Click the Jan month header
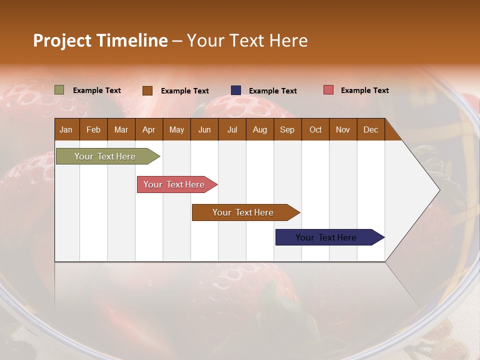pyautogui.click(x=66, y=129)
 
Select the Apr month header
pyautogui.click(x=149, y=129)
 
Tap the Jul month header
pyautogui.click(x=232, y=129)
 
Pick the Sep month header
pyautogui.click(x=287, y=129)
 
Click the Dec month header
pyautogui.click(x=370, y=129)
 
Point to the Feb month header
pyautogui.click(x=93, y=129)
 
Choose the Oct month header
pyautogui.click(x=315, y=129)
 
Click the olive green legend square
pyautogui.click(x=59, y=90)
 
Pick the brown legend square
pyautogui.click(x=147, y=90)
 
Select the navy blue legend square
pyautogui.click(x=236, y=90)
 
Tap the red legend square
pyautogui.click(x=328, y=90)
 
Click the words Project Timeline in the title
pyautogui.click(x=100, y=40)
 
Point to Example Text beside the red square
pyautogui.click(x=364, y=90)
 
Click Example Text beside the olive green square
pyautogui.click(x=97, y=90)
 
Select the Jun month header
pyautogui.click(x=204, y=129)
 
